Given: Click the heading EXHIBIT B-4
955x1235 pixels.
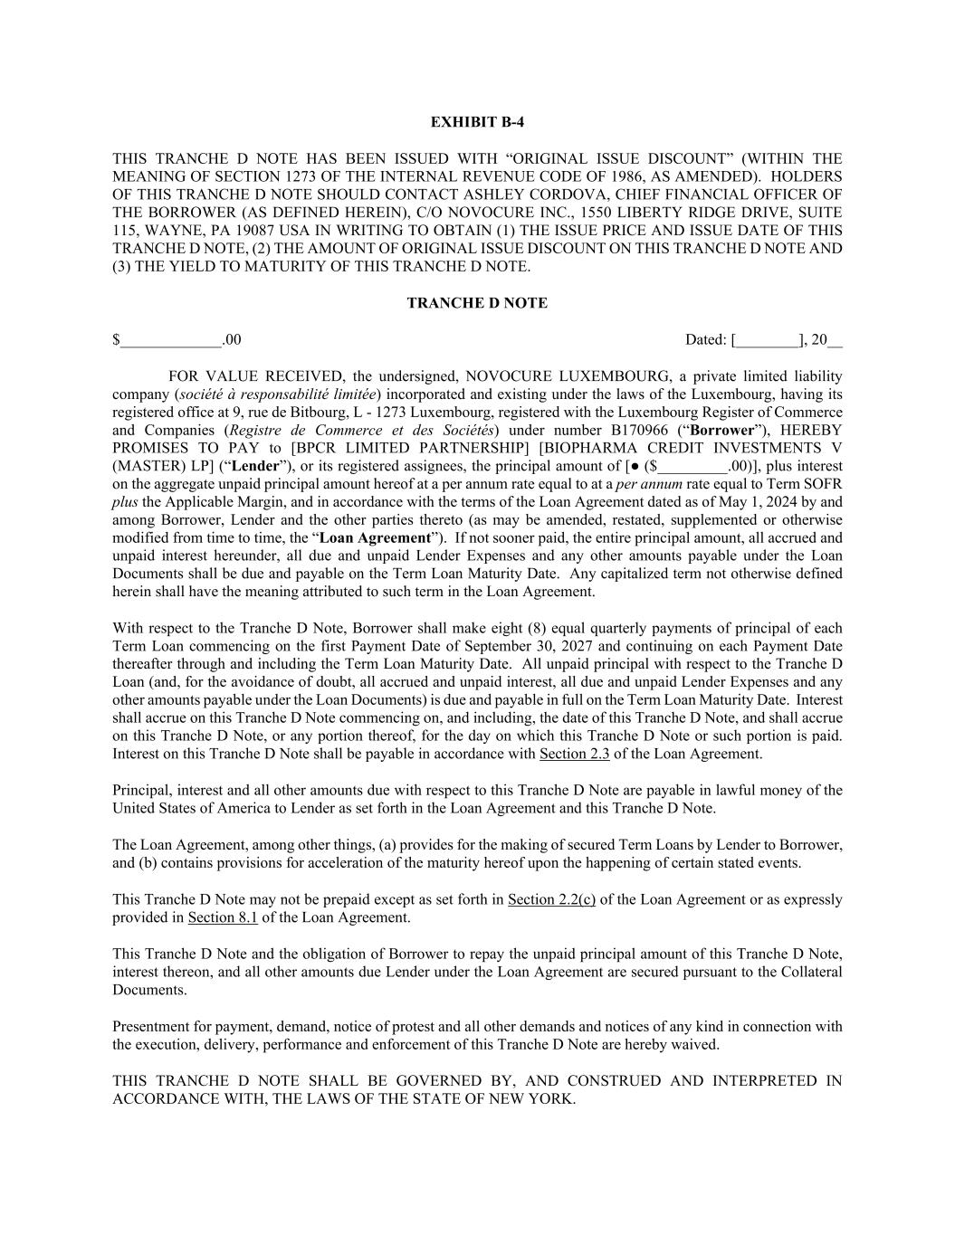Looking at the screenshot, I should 477,122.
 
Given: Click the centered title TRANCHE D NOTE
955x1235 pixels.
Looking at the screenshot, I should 477,303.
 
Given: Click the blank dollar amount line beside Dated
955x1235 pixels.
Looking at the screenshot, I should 172,341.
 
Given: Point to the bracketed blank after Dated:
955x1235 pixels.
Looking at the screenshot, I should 768,341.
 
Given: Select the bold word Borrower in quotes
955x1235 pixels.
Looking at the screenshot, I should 721,430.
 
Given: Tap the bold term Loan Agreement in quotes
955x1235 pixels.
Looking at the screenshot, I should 376,538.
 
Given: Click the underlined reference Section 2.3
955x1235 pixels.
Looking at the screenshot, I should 574,754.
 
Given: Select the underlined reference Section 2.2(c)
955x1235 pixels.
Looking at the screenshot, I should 551,899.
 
